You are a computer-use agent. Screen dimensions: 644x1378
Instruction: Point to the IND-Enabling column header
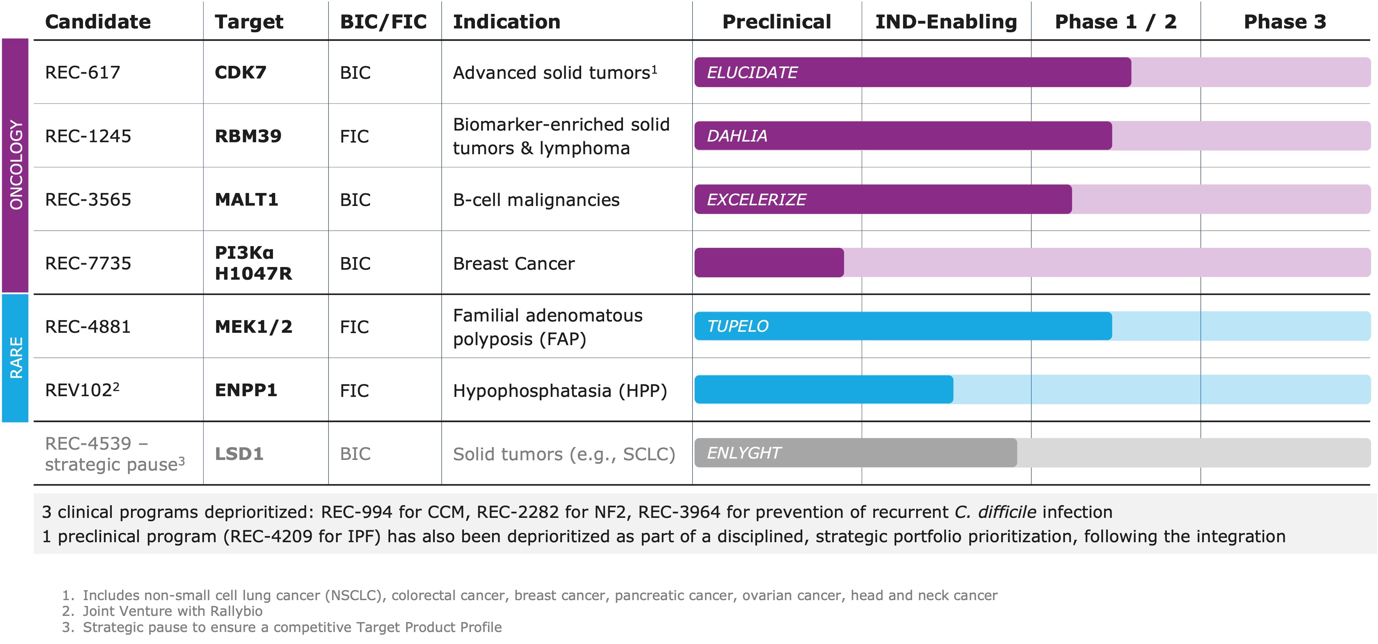[x=946, y=21]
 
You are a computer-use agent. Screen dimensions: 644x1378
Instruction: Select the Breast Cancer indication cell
[x=514, y=263]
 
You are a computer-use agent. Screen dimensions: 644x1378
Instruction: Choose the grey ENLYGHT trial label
[x=744, y=453]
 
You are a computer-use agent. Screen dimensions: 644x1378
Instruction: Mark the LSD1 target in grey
[x=239, y=453]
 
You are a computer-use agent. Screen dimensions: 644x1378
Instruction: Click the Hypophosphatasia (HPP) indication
[x=560, y=390]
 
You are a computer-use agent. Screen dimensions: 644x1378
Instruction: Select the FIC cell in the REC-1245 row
[x=354, y=136]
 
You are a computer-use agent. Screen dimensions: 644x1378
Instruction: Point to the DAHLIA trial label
[x=736, y=136]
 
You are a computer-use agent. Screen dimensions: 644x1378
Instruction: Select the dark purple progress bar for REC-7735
[x=769, y=263]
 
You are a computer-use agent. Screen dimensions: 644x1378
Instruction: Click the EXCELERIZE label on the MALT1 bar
[x=756, y=199]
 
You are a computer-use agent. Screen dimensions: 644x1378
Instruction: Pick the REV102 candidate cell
[x=81, y=390]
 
